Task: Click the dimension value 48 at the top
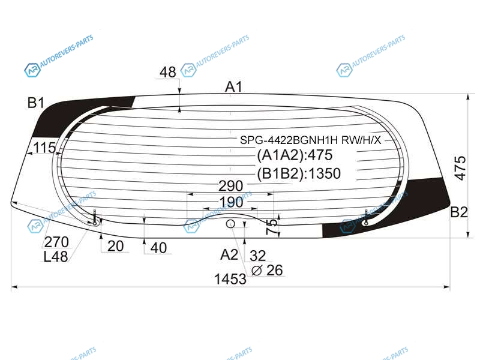[168, 72]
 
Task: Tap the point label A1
[233, 87]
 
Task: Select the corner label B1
[36, 103]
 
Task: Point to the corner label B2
[459, 212]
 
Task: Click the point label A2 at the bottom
[229, 254]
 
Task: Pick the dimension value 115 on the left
[44, 148]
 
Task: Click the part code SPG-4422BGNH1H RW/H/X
[310, 140]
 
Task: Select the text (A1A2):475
[295, 155]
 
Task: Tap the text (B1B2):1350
[299, 173]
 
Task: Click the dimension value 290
[231, 186]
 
